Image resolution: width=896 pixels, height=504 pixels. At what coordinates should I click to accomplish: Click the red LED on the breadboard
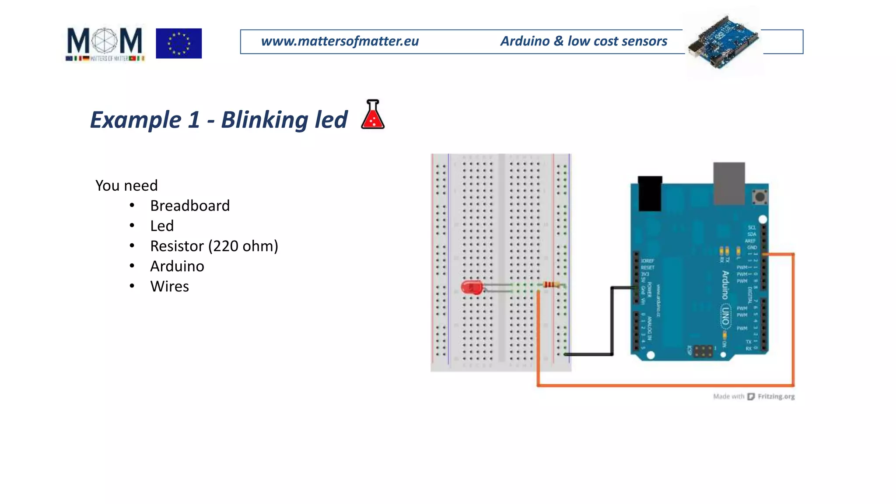(472, 287)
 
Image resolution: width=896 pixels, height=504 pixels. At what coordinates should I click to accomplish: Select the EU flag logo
(178, 43)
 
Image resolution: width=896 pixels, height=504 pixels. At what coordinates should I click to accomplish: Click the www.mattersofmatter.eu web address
(339, 41)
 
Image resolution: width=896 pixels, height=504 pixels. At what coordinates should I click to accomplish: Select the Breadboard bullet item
(189, 206)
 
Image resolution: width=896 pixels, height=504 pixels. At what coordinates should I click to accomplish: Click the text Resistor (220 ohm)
(214, 246)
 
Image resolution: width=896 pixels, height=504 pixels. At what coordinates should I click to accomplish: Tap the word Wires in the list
(169, 286)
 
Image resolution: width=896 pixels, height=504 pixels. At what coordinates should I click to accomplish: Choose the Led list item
(162, 226)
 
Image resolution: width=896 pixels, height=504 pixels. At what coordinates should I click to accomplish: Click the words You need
(126, 185)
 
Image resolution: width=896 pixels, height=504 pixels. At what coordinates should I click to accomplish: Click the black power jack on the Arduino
(650, 193)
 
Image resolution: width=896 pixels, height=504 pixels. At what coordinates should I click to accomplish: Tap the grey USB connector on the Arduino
(729, 183)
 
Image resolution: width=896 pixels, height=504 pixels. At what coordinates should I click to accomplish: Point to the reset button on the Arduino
(760, 196)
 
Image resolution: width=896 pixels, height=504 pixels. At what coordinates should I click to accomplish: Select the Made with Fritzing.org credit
(753, 396)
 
